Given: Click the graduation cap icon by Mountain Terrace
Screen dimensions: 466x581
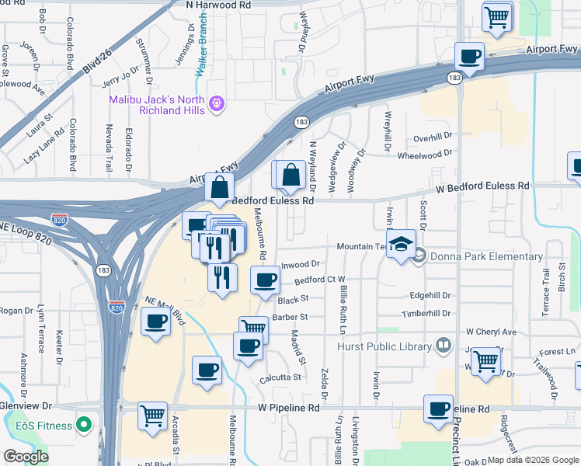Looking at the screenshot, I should [x=401, y=243].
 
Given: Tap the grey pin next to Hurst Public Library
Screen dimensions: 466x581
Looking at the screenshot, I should [x=443, y=343].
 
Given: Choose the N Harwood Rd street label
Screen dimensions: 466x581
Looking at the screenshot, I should [x=219, y=5].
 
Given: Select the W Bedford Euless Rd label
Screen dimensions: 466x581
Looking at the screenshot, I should [x=483, y=186].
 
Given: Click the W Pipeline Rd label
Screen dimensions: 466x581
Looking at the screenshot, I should [x=291, y=407].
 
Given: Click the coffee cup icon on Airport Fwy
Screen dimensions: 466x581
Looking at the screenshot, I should [x=469, y=56].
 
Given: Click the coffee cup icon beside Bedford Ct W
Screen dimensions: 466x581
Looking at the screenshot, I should [x=265, y=279].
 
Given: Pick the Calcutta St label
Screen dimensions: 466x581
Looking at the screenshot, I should [x=281, y=377].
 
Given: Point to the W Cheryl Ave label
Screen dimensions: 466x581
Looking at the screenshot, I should [x=491, y=332].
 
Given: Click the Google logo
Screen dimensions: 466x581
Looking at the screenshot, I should [x=26, y=457].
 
